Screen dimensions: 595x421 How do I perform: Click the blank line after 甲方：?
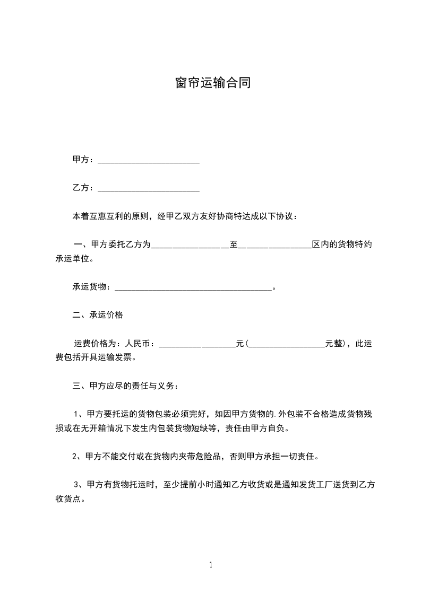click(x=149, y=160)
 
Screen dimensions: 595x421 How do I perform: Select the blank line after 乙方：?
click(x=149, y=188)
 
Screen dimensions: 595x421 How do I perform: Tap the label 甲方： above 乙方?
click(x=83, y=160)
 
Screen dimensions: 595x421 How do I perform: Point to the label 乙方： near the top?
click(x=83, y=188)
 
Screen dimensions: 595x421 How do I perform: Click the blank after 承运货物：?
click(x=193, y=287)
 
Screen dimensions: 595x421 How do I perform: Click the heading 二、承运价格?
click(x=98, y=315)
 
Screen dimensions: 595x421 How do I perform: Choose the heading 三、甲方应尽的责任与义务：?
click(x=126, y=386)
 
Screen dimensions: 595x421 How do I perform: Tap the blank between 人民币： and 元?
click(x=197, y=344)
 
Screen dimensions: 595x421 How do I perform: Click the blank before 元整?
click(x=287, y=344)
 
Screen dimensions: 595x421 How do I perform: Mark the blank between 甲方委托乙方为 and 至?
click(x=190, y=245)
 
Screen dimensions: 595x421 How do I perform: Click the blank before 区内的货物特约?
click(x=275, y=245)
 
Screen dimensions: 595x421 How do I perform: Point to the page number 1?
click(x=211, y=565)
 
